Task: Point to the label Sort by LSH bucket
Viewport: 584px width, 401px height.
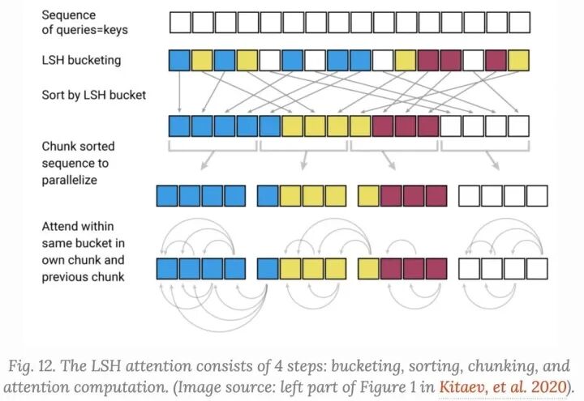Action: point(94,95)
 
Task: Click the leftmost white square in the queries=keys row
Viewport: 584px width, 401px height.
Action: point(179,21)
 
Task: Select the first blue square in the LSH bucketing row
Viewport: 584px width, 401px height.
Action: point(179,61)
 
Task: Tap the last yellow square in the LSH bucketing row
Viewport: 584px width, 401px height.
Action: point(517,61)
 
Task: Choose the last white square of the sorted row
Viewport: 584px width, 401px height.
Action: point(517,126)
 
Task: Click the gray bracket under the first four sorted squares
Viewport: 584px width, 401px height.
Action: point(213,147)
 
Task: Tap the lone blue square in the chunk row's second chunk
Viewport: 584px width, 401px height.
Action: point(268,196)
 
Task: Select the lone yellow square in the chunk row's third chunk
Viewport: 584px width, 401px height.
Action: point(368,196)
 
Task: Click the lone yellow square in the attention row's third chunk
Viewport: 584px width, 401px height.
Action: point(368,268)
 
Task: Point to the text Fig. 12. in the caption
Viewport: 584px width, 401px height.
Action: point(36,365)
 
